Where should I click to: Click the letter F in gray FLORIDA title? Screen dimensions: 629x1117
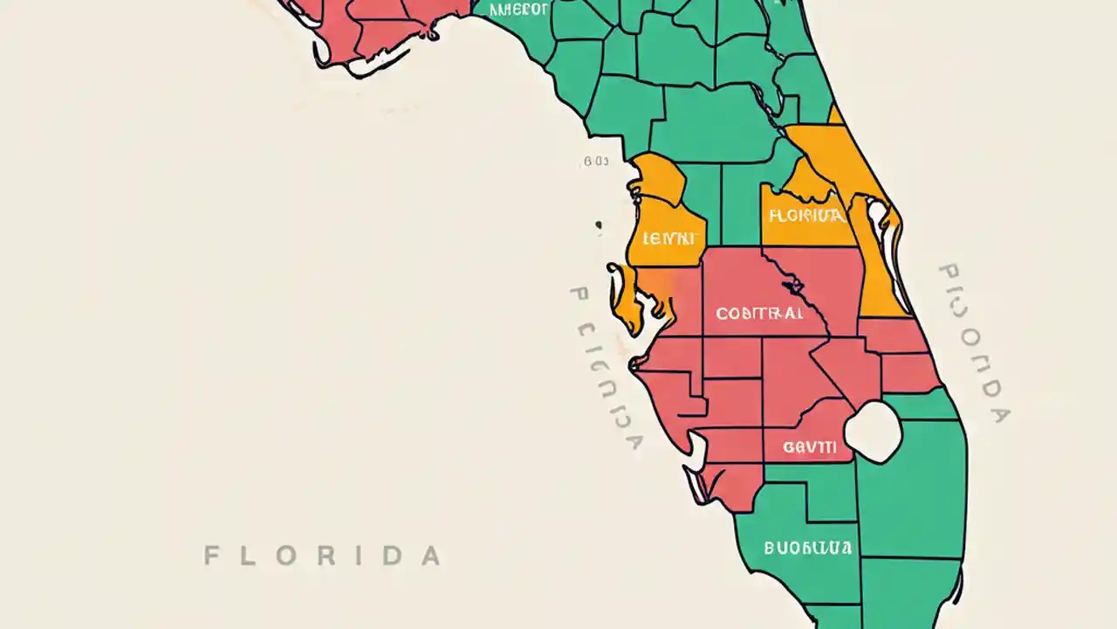click(x=211, y=556)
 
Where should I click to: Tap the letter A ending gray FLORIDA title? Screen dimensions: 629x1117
click(x=430, y=556)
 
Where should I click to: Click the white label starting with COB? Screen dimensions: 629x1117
click(x=758, y=313)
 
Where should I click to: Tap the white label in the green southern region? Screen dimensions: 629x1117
click(x=807, y=549)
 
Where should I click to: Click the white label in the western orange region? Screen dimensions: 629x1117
click(x=669, y=238)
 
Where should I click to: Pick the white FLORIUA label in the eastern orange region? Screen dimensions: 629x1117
click(x=805, y=216)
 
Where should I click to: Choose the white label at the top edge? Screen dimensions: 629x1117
click(x=518, y=10)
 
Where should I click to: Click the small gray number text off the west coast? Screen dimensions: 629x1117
click(x=596, y=162)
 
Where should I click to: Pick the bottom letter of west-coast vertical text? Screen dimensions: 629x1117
click(x=634, y=441)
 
